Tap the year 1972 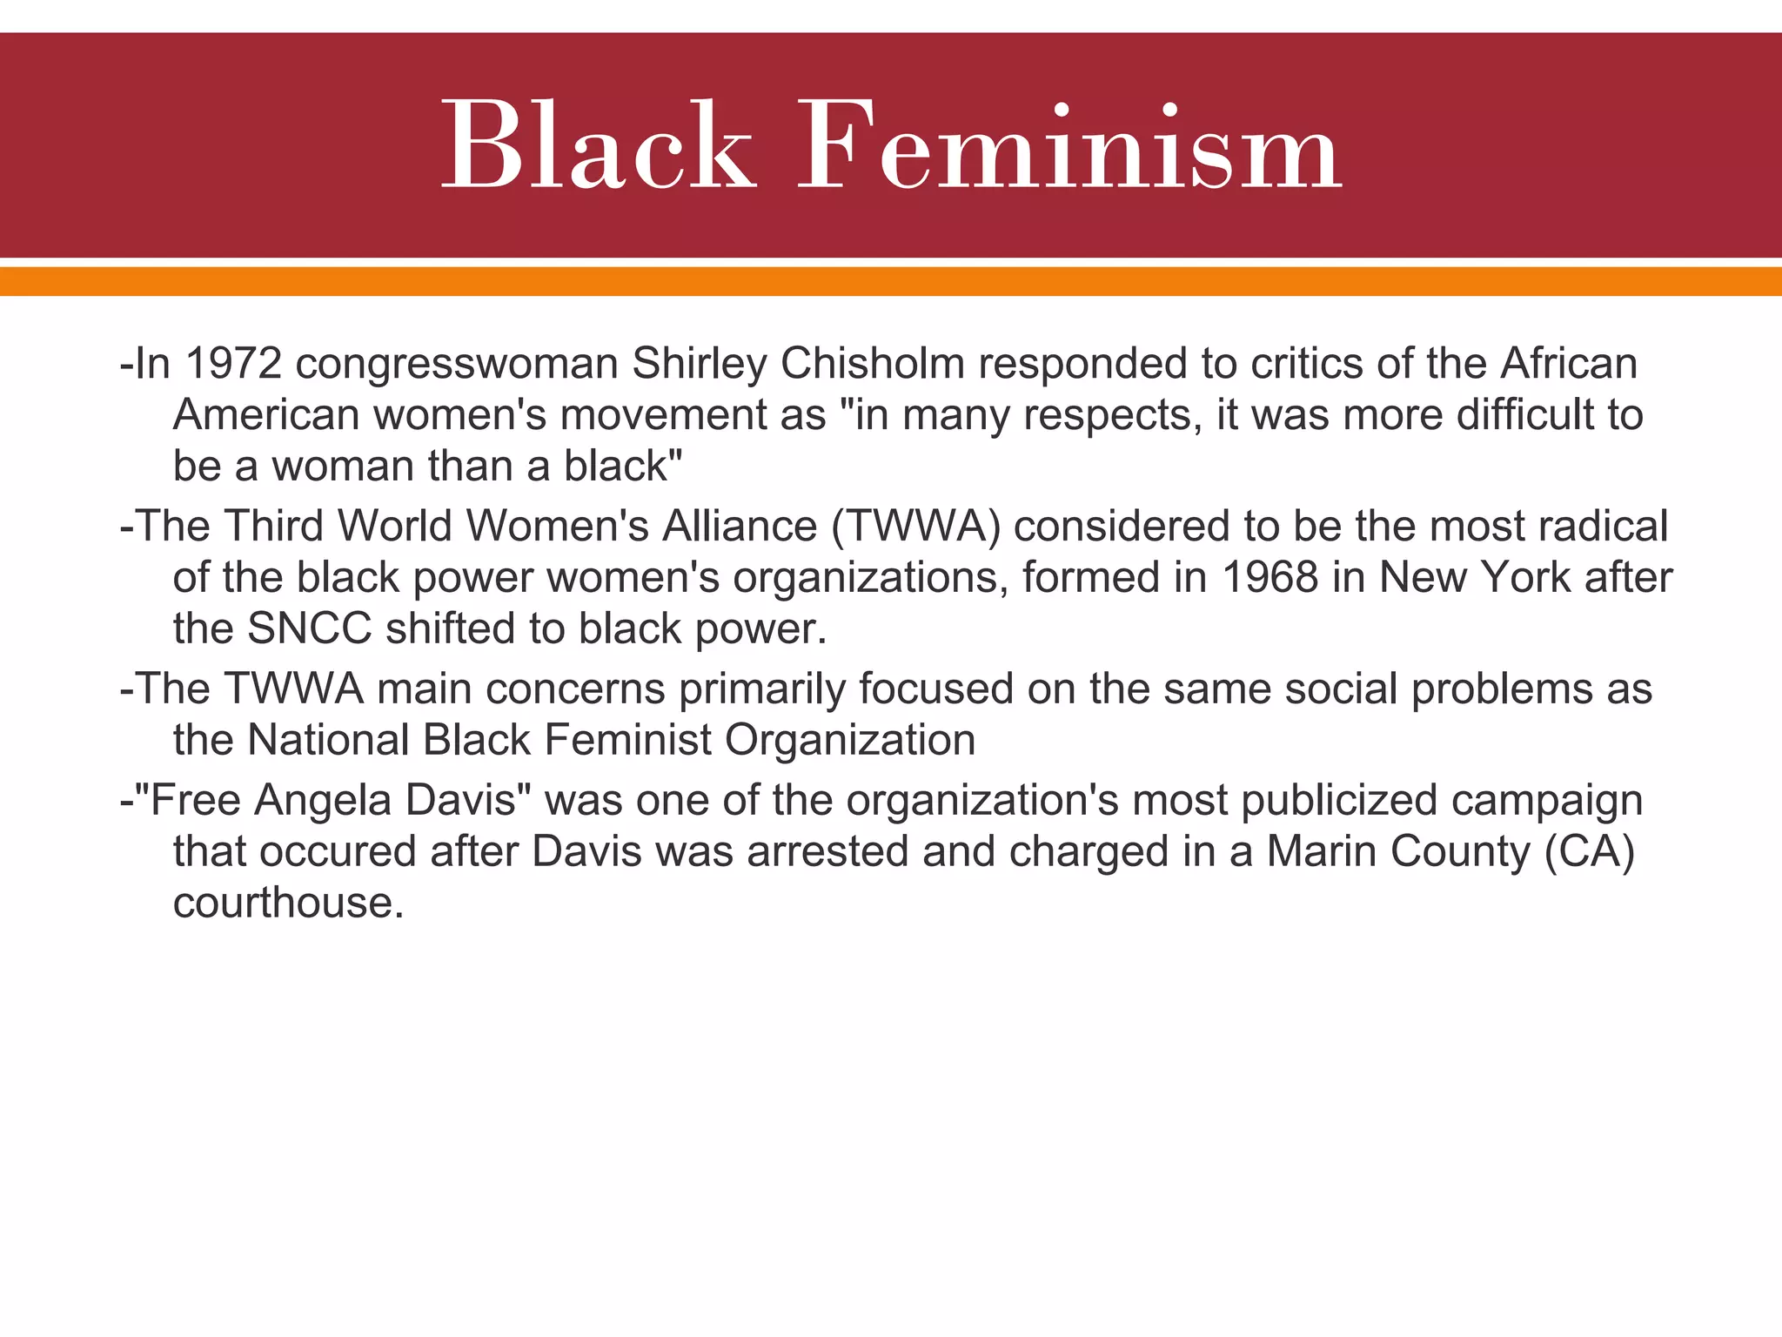(233, 363)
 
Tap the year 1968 (1270, 577)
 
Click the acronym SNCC (309, 628)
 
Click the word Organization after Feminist (850, 741)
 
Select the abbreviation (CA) (1590, 851)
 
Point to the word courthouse (288, 903)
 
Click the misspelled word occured (338, 851)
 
